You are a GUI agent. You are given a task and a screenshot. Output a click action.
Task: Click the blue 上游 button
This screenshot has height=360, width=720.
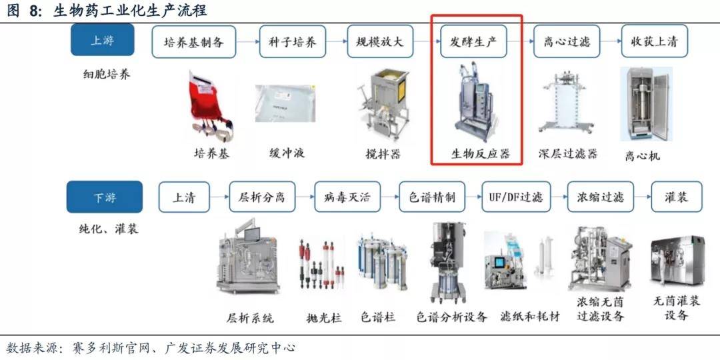(103, 40)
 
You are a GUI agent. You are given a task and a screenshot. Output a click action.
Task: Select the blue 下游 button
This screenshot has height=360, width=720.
(105, 197)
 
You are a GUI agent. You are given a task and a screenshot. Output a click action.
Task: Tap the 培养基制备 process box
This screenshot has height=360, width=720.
(194, 41)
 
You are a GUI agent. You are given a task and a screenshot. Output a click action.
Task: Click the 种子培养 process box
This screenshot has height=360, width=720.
(293, 41)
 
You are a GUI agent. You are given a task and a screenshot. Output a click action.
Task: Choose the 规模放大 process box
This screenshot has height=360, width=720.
(380, 41)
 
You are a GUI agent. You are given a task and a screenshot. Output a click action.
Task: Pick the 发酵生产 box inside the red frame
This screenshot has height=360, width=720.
(473, 41)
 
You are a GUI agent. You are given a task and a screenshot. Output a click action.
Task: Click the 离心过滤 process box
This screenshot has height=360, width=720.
(567, 41)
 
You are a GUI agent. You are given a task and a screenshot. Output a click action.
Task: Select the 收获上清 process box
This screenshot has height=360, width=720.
(655, 41)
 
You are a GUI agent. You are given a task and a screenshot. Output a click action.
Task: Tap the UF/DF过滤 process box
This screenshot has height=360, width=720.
(516, 197)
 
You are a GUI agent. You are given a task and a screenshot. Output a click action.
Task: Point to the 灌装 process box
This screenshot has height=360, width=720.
(677, 197)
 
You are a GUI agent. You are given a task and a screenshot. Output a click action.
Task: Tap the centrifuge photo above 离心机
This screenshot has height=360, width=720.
(646, 104)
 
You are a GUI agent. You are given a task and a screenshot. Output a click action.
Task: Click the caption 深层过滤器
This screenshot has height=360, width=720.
(568, 153)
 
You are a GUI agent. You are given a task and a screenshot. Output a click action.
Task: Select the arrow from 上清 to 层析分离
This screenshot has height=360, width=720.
(219, 197)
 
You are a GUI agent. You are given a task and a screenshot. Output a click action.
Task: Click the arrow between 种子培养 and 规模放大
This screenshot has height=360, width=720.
(337, 42)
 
